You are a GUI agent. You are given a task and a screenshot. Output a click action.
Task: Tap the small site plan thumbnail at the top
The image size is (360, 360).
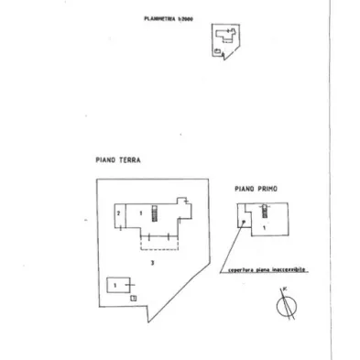pyautogui.click(x=224, y=41)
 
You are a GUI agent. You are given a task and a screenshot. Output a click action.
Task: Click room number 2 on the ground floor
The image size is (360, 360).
pyautogui.click(x=119, y=213)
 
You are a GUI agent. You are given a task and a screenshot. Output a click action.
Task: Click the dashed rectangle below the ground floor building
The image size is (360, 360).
pyautogui.click(x=158, y=240)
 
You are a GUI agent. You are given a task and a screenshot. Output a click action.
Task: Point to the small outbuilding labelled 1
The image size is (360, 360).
pyautogui.click(x=117, y=285)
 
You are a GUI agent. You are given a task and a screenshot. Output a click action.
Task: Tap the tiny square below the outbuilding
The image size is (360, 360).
pyautogui.click(x=134, y=298)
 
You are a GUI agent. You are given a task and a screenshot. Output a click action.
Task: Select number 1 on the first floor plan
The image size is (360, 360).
pyautogui.click(x=264, y=225)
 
